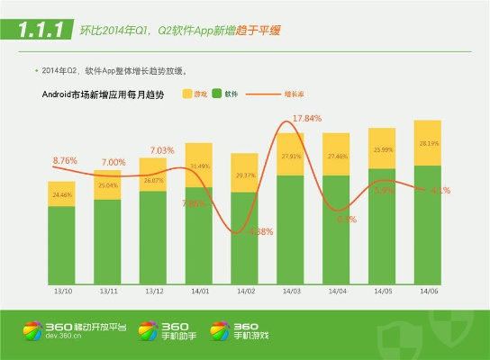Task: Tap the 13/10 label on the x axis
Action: tap(62, 292)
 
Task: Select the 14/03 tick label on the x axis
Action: tap(291, 292)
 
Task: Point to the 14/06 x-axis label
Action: tap(429, 292)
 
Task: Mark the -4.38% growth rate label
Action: tap(259, 231)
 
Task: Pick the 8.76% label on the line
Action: tap(65, 160)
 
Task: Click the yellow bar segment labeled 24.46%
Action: tap(62, 194)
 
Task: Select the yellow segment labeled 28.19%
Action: tap(429, 143)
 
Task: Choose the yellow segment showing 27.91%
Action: tap(291, 155)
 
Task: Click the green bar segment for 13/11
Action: tap(108, 240)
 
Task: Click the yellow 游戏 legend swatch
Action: tap(187, 94)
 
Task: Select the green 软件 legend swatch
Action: tap(217, 94)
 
